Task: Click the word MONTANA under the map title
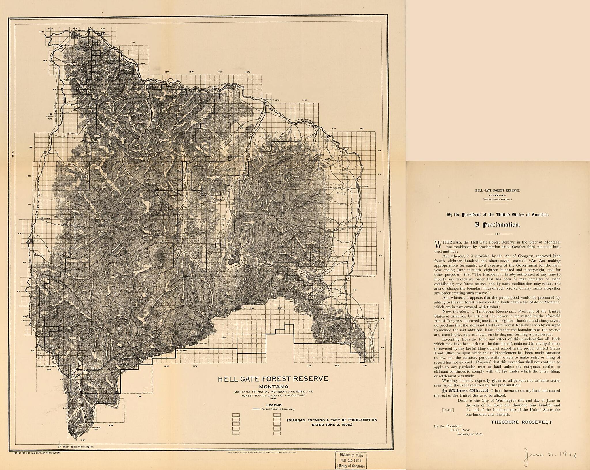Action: [273, 387]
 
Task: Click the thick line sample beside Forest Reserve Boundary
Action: [256, 409]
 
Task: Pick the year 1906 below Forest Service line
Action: [273, 399]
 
